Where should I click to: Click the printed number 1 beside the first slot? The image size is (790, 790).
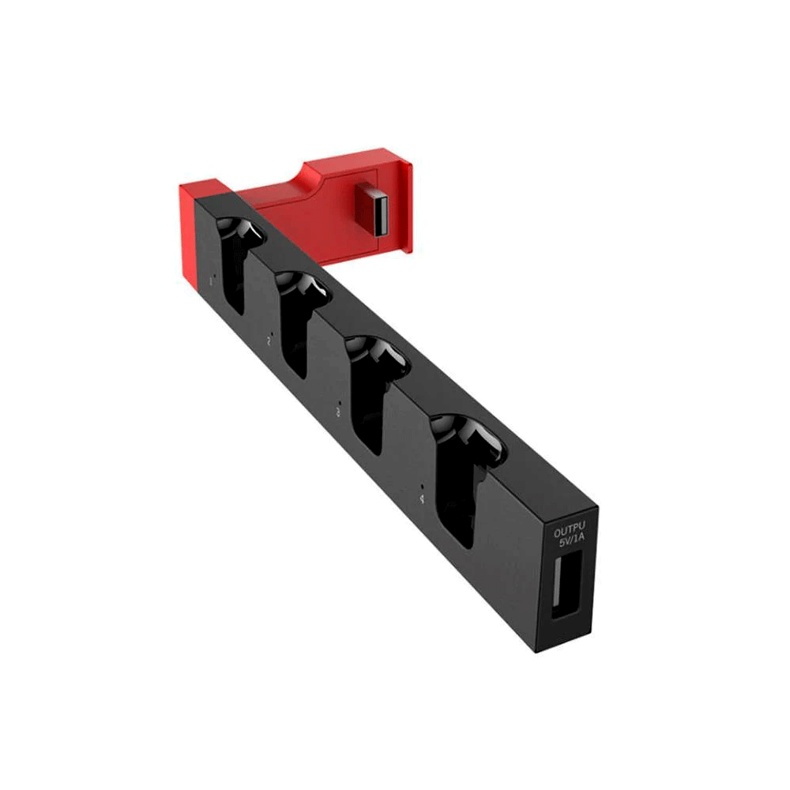211,280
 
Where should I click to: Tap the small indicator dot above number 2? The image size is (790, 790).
269,332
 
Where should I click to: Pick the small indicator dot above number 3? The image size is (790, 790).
337,401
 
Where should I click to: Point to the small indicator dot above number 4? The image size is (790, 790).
423,487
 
